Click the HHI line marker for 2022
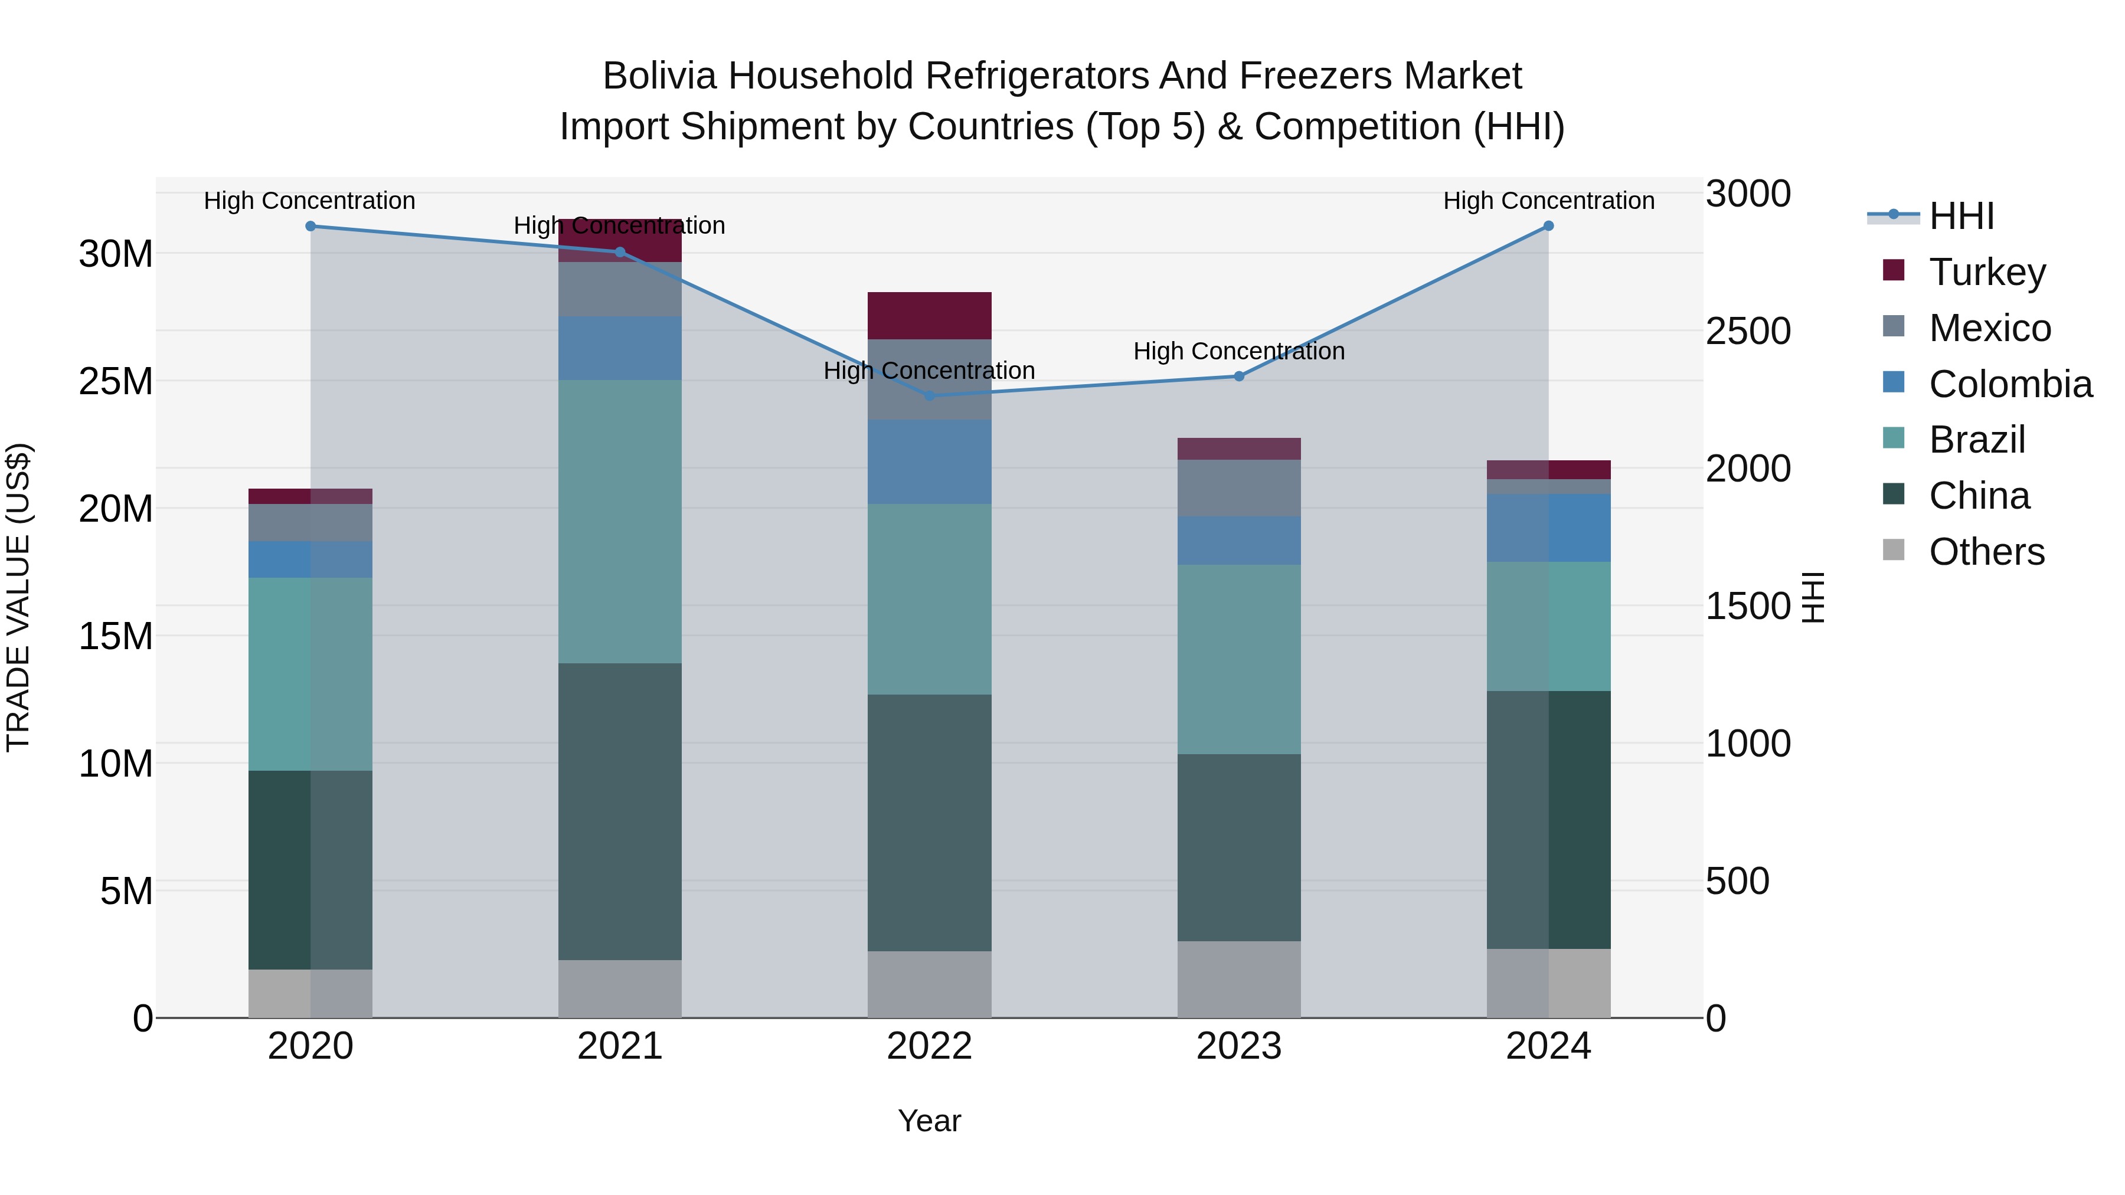coord(930,396)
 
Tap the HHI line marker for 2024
coord(1548,226)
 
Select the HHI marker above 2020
coord(310,226)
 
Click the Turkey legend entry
coord(1986,272)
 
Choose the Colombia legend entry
coord(2009,384)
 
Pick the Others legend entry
coord(1986,552)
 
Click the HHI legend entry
coord(1961,216)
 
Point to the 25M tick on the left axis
coord(116,381)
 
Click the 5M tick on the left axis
coord(125,890)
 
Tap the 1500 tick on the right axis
coord(1748,606)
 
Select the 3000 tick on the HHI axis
coord(1748,195)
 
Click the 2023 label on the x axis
coord(1238,1046)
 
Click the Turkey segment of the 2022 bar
coord(930,315)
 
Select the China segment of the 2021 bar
coord(620,811)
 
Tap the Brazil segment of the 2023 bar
coord(1238,659)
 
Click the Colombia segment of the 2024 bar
coord(1548,528)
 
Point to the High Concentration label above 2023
coord(1238,351)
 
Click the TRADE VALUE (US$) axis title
coord(18,597)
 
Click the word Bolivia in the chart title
coord(659,76)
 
